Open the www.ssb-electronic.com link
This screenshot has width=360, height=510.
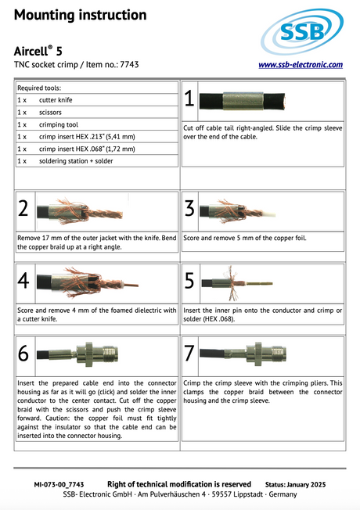(301, 65)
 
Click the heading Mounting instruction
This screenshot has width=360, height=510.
(80, 15)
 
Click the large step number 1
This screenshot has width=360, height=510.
(189, 99)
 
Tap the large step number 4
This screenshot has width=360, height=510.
(23, 281)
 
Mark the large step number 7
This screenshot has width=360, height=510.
(189, 354)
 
